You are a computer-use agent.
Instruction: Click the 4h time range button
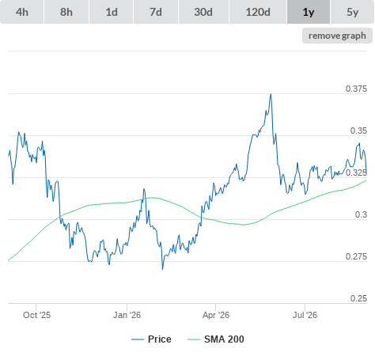click(22, 12)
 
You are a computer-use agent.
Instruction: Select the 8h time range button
click(66, 12)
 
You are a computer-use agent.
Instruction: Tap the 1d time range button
click(112, 12)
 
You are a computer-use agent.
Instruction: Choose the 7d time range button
click(156, 12)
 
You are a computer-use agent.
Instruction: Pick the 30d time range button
click(203, 12)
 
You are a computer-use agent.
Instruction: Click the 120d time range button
click(258, 12)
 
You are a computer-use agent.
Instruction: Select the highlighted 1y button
click(309, 12)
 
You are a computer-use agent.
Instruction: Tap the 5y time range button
click(353, 12)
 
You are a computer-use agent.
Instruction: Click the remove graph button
click(337, 36)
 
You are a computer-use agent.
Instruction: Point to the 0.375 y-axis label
click(356, 89)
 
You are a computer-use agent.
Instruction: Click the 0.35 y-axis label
click(358, 131)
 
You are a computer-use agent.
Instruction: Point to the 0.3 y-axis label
click(361, 214)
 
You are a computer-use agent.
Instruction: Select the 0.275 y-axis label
click(356, 256)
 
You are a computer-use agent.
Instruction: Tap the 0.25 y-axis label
click(358, 298)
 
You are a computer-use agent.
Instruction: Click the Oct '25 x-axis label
click(36, 315)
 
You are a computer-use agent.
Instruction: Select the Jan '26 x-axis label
click(127, 315)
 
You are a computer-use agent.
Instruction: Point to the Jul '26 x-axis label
click(305, 315)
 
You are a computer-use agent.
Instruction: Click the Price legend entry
click(151, 339)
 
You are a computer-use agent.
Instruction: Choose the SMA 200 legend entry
click(216, 339)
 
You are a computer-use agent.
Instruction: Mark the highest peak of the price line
click(271, 94)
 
